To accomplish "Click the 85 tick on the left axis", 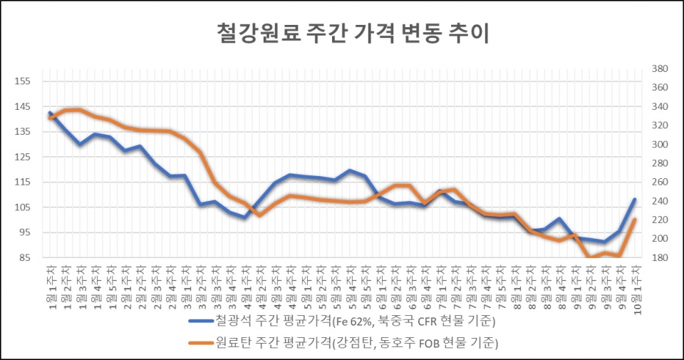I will pos(24,257).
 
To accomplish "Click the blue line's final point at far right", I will pos(635,200).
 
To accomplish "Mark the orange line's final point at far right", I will pos(635,220).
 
